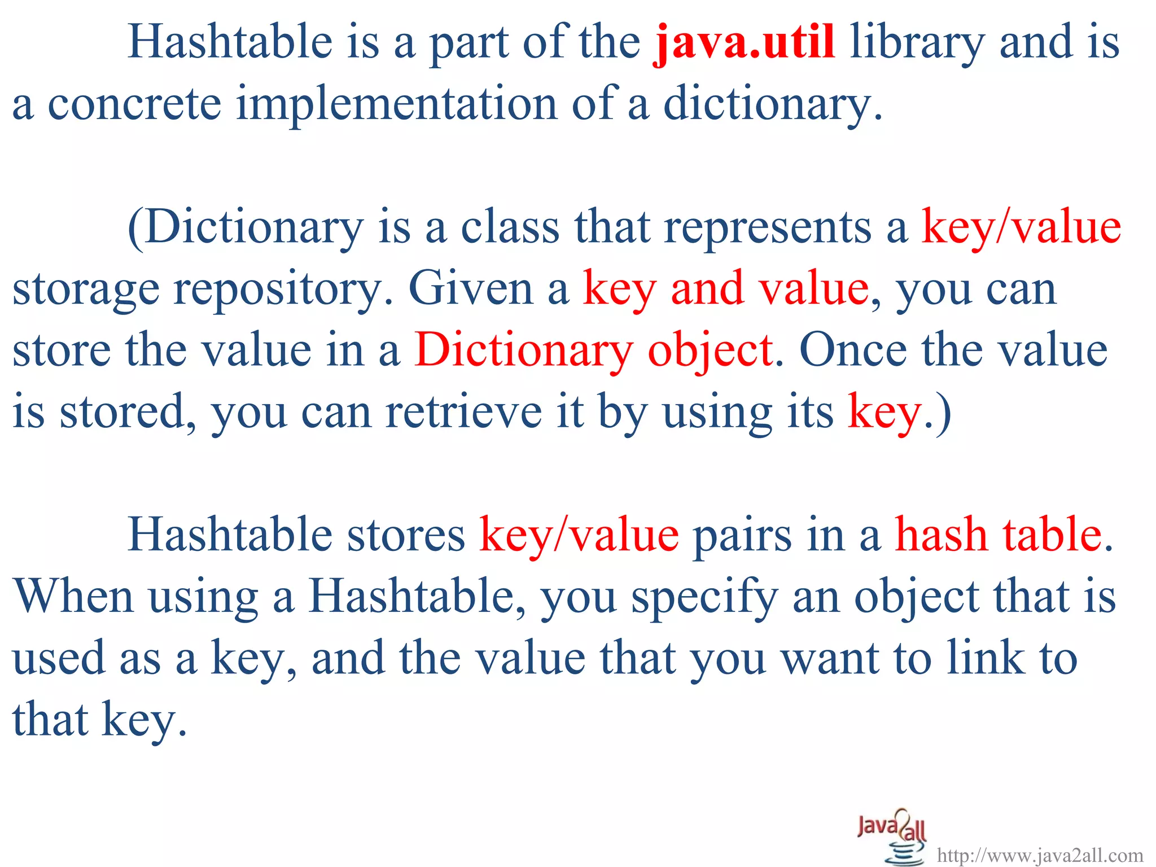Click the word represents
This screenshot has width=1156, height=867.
tap(768, 227)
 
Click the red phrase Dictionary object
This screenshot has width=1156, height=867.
tap(593, 350)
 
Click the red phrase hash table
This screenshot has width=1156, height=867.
tap(999, 535)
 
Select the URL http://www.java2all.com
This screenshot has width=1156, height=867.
tap(1040, 855)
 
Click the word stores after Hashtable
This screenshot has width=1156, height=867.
tap(406, 535)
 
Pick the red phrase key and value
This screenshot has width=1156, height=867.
tap(725, 289)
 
